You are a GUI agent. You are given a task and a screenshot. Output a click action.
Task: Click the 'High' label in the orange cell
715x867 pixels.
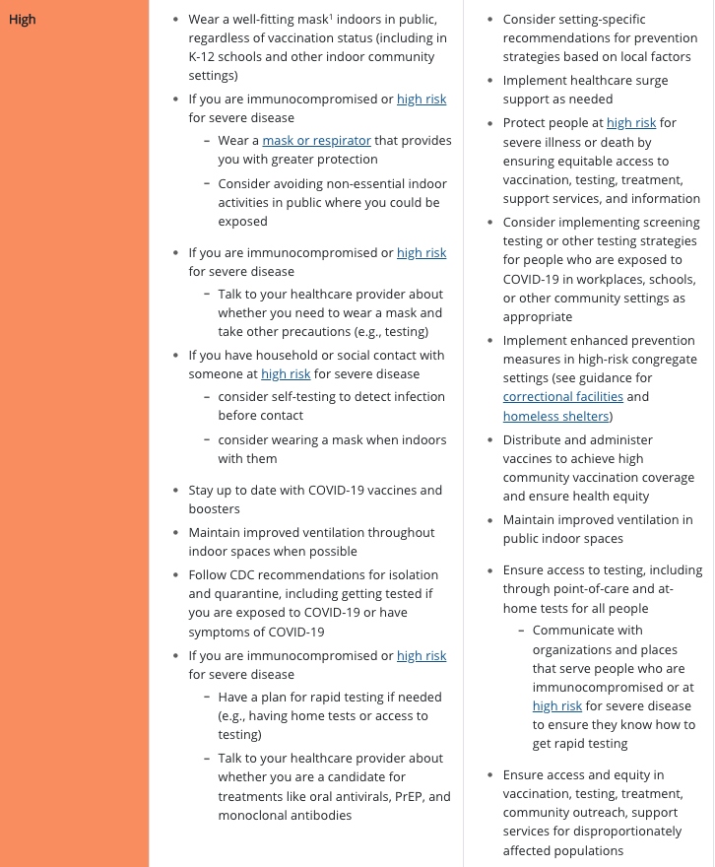pos(22,20)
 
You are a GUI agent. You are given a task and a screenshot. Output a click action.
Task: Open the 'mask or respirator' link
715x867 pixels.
pos(316,141)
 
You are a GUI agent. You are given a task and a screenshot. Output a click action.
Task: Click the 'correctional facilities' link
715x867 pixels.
pos(562,396)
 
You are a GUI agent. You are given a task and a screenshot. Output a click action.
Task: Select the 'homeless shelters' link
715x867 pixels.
pos(555,416)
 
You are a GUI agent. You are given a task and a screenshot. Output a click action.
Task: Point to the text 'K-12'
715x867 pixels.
pos(204,57)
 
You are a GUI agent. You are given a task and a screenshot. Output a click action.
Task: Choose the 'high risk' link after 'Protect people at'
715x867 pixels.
pos(631,123)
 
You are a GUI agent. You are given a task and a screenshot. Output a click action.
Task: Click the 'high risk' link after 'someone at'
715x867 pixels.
pos(286,374)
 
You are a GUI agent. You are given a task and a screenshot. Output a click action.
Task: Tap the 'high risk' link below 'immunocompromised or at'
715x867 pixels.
pos(557,706)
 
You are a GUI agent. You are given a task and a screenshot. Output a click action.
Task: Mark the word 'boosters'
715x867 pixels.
pos(215,509)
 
